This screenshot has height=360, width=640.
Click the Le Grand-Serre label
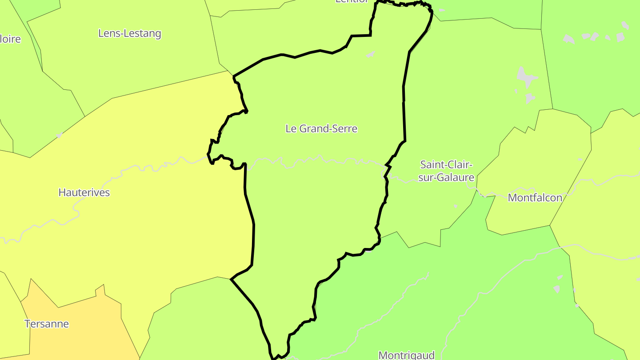pos(321,129)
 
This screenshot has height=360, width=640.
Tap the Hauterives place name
pos(84,192)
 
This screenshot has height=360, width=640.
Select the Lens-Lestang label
pos(129,33)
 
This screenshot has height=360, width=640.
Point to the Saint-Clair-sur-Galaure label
pos(446,171)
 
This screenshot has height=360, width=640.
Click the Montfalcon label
pos(535,198)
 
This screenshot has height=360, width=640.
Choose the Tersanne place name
pos(47,324)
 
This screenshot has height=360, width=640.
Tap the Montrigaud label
pos(406,355)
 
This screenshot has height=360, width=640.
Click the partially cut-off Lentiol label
pos(352,1)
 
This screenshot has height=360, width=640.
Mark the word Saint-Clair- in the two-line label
pos(446,165)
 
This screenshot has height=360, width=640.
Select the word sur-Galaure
pos(446,178)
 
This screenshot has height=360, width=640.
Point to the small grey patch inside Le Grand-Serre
pos(370,55)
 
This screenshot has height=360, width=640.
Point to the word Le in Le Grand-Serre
pos(291,129)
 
